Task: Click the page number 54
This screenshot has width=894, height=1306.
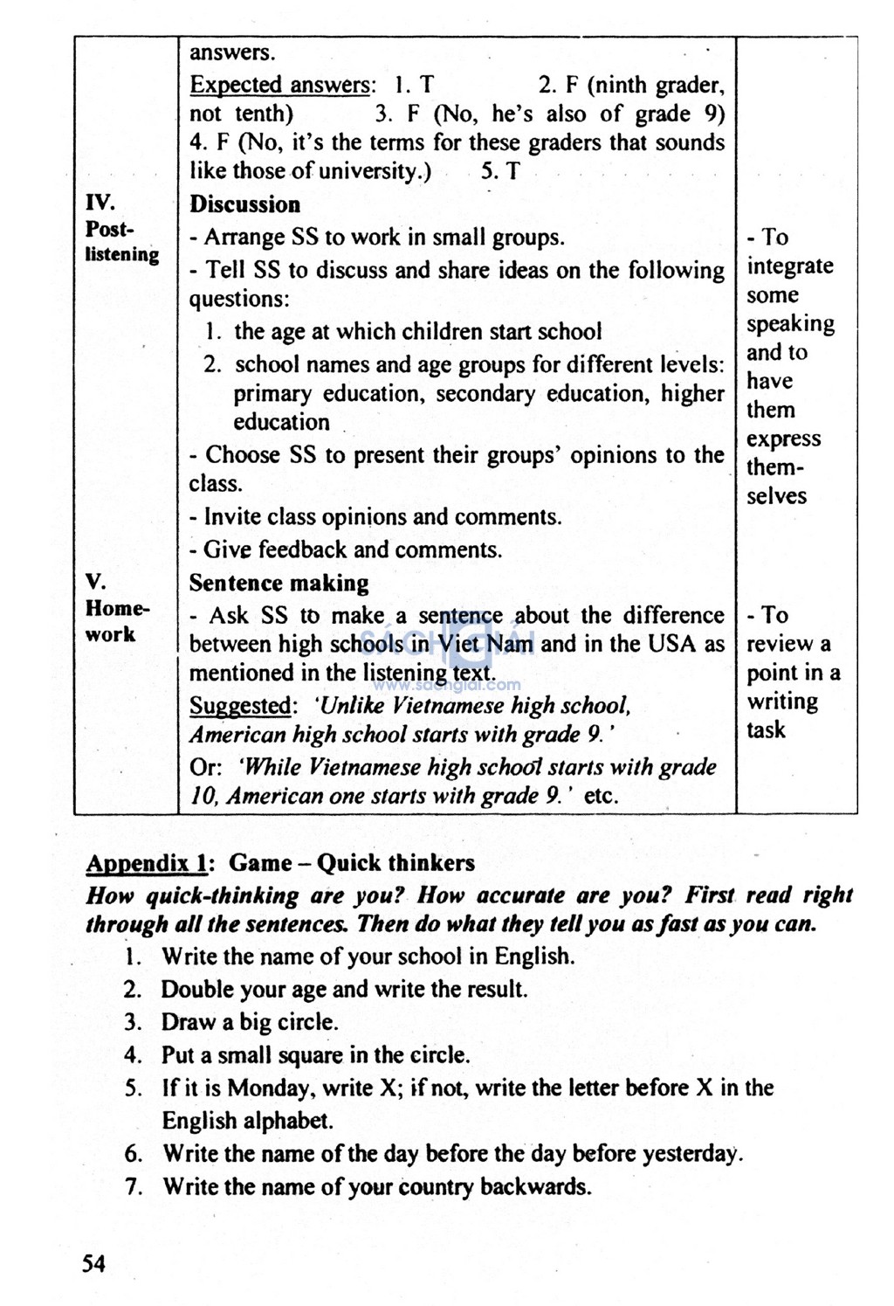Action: pyautogui.click(x=93, y=1262)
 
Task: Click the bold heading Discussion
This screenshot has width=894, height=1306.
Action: pyautogui.click(x=244, y=204)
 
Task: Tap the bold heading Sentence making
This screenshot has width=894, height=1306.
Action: pyautogui.click(x=279, y=583)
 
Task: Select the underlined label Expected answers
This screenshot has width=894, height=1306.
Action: pyautogui.click(x=279, y=86)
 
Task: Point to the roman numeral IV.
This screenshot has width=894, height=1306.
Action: pyautogui.click(x=100, y=203)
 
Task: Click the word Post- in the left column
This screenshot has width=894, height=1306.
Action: pyautogui.click(x=109, y=229)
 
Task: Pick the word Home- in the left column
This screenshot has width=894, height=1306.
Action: pyautogui.click(x=117, y=608)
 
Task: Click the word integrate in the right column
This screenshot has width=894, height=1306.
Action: pyautogui.click(x=790, y=266)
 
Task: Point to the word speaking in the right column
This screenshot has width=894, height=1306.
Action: pyautogui.click(x=790, y=324)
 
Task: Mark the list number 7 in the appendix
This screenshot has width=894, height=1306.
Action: pyautogui.click(x=133, y=1187)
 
